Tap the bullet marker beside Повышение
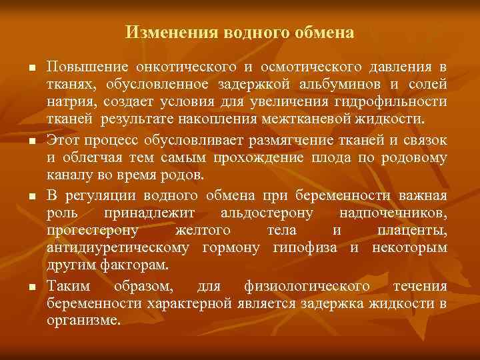coord(31,69)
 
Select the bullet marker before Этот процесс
coord(31,140)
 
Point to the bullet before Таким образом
coord(31,286)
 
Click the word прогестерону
coord(93,231)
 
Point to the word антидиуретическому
coord(119,249)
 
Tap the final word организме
coord(84,321)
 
